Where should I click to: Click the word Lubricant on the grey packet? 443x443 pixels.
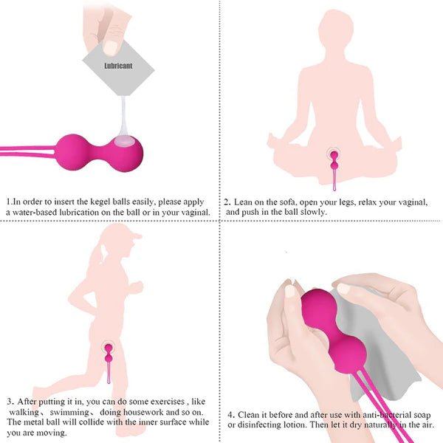[x=119, y=65]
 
